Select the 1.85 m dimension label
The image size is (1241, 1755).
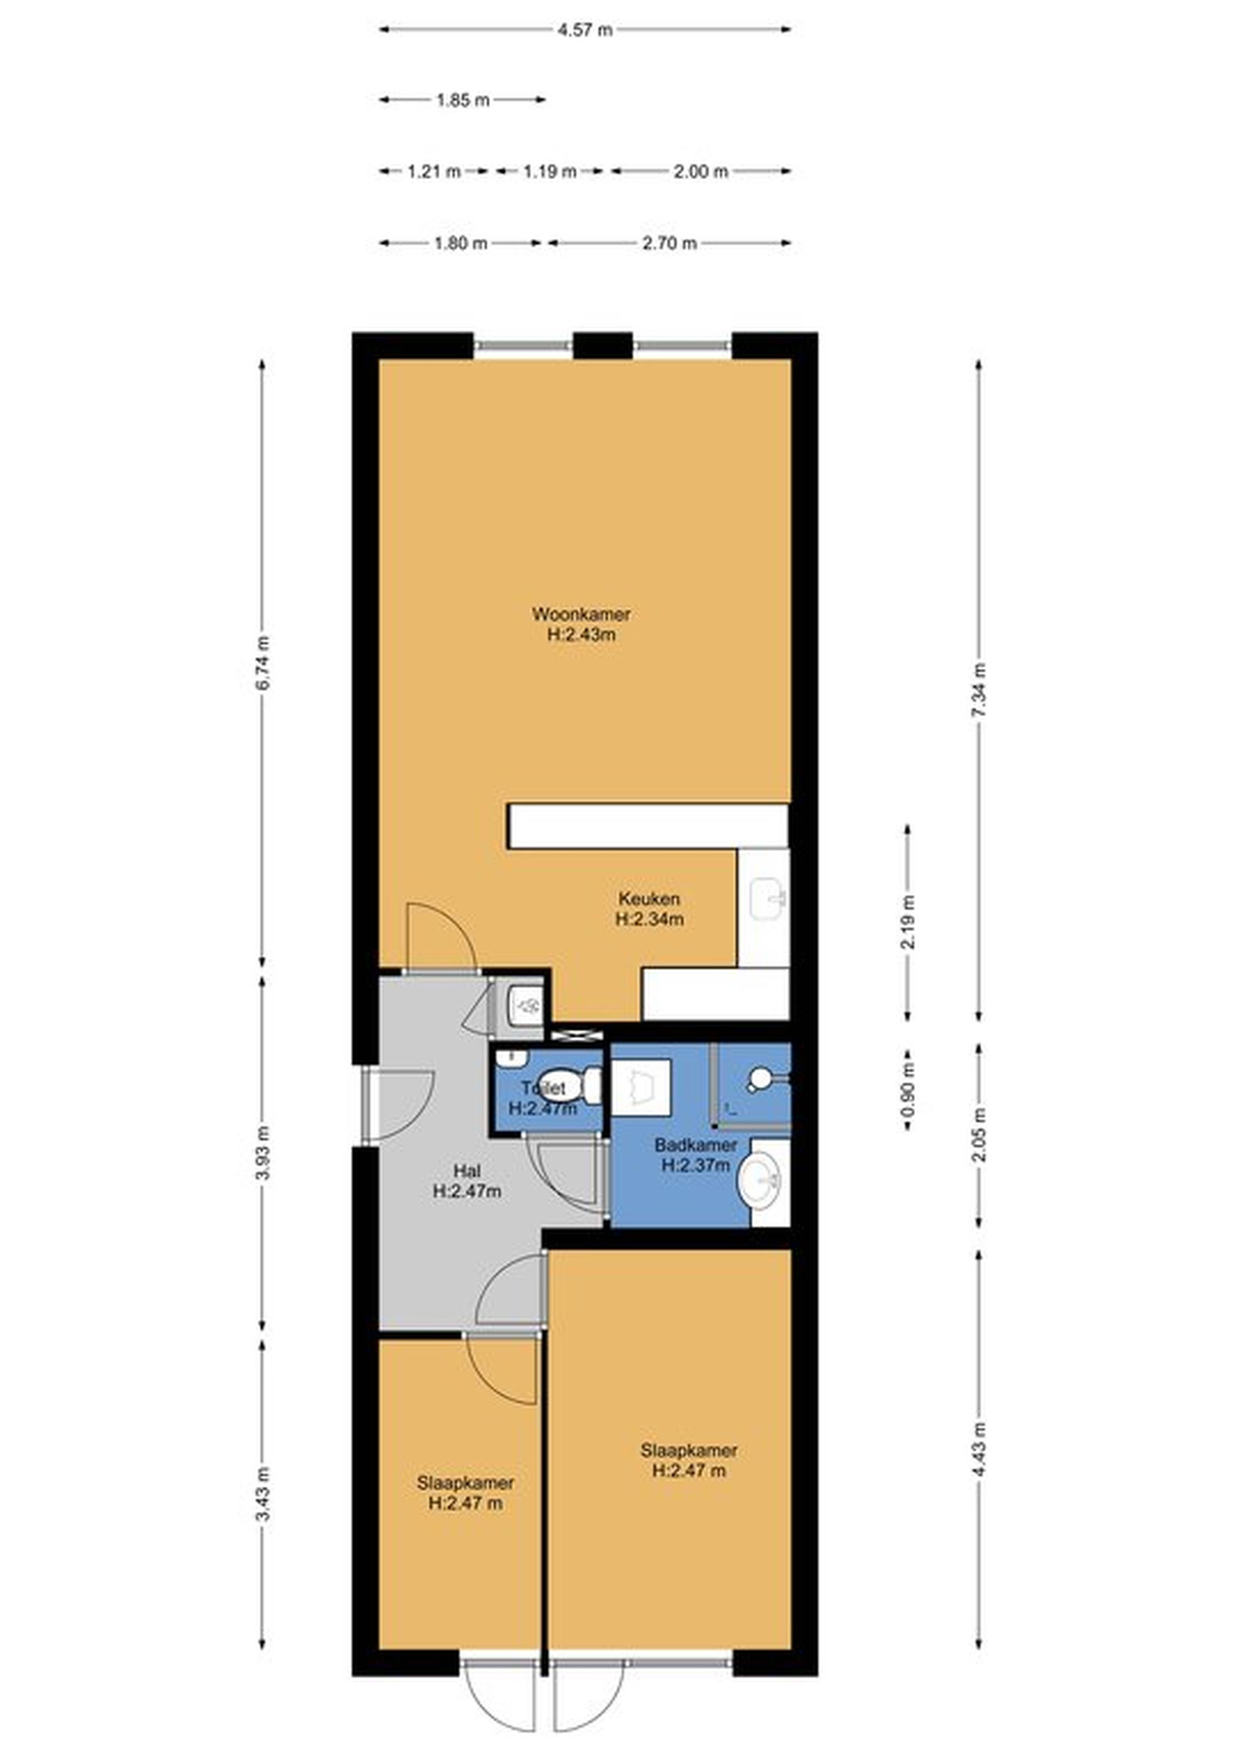(x=462, y=100)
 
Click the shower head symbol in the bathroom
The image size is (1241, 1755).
(x=760, y=1078)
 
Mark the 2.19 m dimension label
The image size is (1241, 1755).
(x=908, y=922)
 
